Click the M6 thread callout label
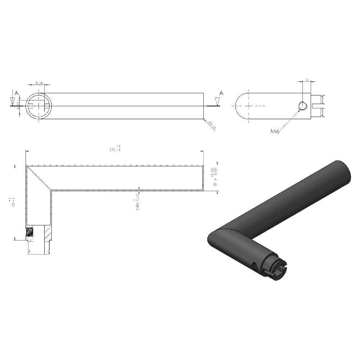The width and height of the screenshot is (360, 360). (x=275, y=131)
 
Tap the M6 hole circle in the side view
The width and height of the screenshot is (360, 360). (x=303, y=105)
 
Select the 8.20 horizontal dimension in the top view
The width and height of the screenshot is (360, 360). (x=39, y=83)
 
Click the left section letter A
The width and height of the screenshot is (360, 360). (x=12, y=93)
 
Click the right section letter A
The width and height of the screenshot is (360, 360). (x=221, y=93)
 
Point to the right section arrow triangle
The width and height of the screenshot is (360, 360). (x=217, y=101)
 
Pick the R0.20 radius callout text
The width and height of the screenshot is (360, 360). (x=212, y=126)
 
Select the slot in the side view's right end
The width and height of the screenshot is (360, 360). (x=318, y=106)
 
